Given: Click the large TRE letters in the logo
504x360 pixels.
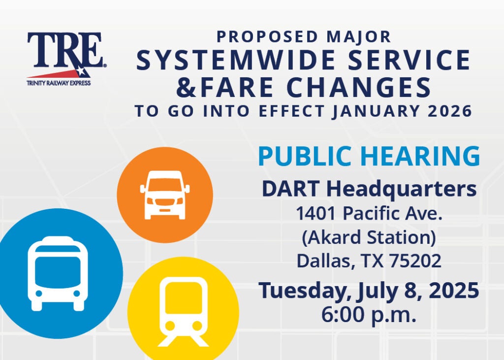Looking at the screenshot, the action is tap(65, 49).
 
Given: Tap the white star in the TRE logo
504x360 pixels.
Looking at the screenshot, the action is tap(80, 71).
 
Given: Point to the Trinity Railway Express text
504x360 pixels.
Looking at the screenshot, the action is tap(59, 83).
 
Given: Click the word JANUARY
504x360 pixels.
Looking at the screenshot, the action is tap(376, 111).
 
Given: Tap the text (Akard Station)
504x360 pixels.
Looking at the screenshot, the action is tap(369, 237).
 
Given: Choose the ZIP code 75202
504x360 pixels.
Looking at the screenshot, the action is tap(415, 261).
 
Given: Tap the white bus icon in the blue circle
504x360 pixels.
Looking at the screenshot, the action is tap(58, 274).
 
